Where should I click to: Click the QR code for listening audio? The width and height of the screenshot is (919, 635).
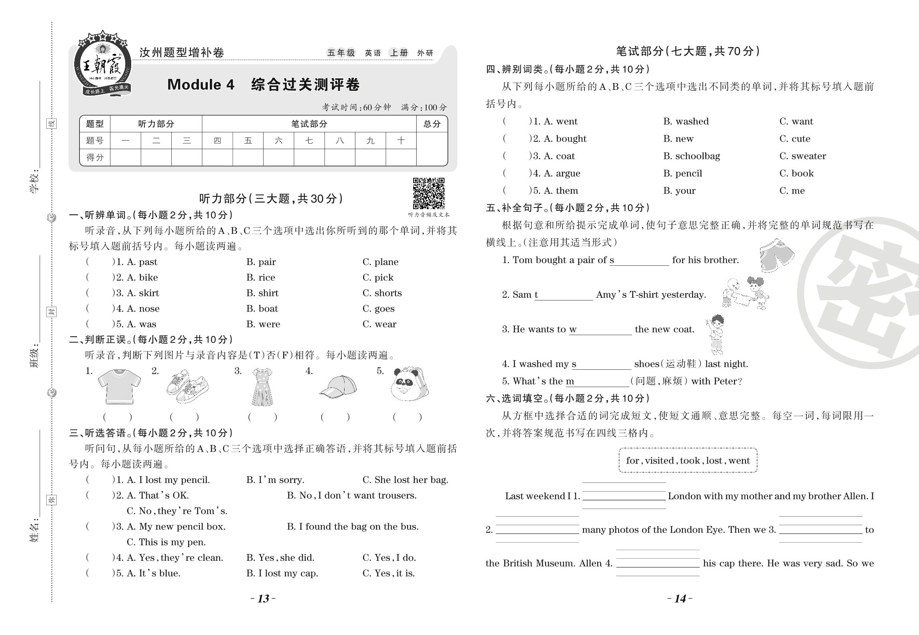428,193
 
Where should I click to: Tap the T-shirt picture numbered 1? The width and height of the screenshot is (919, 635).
119,386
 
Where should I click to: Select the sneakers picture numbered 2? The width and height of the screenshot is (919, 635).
187,386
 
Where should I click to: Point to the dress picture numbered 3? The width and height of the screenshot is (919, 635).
262,387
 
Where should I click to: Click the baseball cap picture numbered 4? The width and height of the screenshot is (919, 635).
338,387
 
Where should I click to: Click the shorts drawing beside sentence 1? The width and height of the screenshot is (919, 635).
776,255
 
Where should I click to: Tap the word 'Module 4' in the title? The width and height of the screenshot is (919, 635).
201,85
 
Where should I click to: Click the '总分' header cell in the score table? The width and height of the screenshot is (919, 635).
432,124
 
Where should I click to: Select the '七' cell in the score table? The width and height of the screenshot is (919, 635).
309,140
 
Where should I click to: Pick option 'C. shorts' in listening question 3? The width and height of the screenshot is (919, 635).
382,293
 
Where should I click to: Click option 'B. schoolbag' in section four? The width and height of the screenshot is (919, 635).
691,156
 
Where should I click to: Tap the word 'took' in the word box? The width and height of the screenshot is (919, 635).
690,461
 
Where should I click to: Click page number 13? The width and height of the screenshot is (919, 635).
263,598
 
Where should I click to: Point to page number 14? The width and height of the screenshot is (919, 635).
680,598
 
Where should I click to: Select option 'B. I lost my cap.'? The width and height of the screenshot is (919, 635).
282,573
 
